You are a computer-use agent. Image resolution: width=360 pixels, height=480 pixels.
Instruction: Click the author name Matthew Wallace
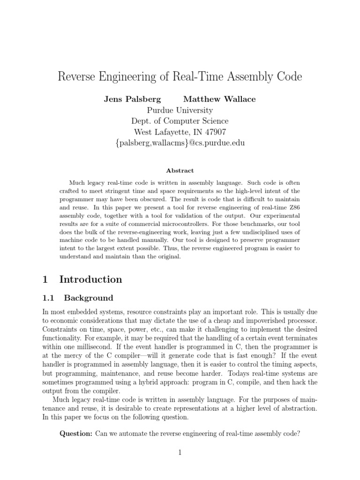click(219, 99)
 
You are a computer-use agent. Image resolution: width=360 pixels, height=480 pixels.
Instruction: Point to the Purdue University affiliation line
click(180, 111)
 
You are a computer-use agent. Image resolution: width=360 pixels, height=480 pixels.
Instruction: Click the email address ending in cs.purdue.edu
click(180, 143)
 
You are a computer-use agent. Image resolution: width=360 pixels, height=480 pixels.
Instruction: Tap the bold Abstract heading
click(180, 171)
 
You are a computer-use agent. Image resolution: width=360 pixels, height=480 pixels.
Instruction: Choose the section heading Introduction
click(90, 280)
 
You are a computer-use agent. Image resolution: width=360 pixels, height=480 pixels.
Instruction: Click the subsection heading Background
click(89, 298)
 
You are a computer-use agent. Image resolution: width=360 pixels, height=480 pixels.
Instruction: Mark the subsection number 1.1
click(49, 298)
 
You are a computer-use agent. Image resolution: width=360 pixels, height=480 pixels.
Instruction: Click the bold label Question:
click(76, 434)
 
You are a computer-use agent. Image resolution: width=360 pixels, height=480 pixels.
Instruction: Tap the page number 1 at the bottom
click(180, 453)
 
